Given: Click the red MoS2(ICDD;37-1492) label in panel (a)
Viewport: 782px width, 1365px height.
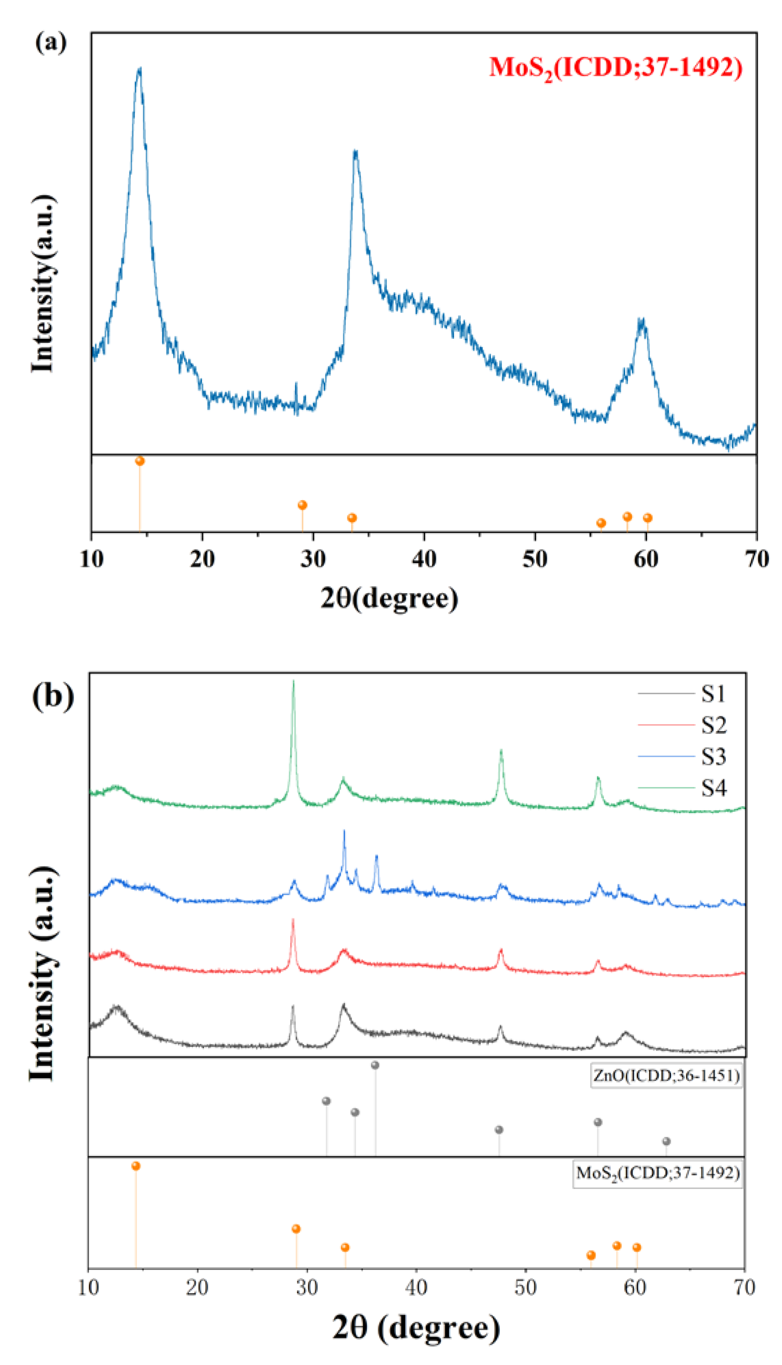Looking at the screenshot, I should pyautogui.click(x=616, y=68).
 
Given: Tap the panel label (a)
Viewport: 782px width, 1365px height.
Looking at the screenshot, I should pyautogui.click(x=51, y=42).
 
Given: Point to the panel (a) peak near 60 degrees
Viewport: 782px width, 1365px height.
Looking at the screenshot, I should pyautogui.click(x=641, y=320).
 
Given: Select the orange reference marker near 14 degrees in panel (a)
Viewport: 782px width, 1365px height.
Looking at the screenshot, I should pyautogui.click(x=140, y=461).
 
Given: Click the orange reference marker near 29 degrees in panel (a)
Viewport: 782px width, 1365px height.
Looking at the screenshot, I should pyautogui.click(x=302, y=505).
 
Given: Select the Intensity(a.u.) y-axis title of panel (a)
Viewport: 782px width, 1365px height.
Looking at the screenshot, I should pyautogui.click(x=43, y=283).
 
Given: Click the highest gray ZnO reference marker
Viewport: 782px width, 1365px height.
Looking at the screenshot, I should pyautogui.click(x=375, y=1065).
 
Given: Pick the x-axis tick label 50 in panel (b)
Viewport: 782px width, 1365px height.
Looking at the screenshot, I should pyautogui.click(x=525, y=1288).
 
